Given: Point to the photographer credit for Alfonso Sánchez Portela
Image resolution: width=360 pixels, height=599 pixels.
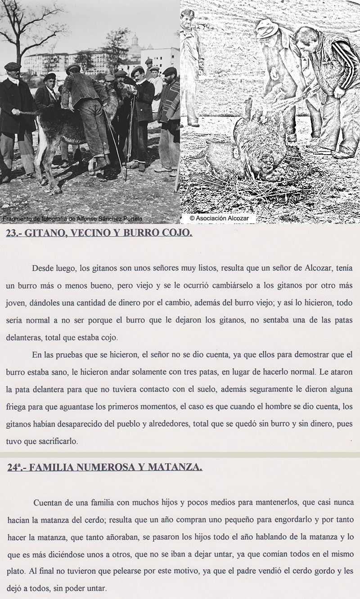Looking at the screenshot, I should pos(72,219).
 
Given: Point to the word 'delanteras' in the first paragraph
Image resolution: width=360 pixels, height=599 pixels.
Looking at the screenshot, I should pos(25,337).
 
